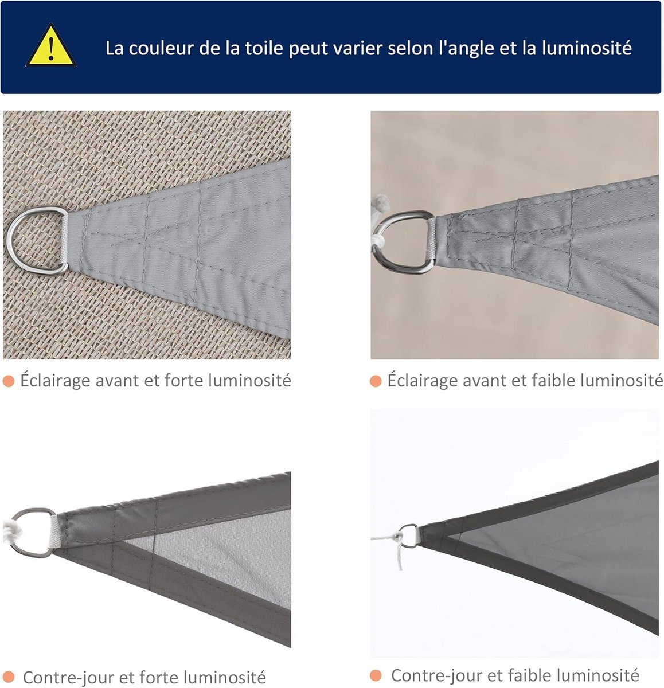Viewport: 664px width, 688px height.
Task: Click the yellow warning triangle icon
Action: [x=51, y=46]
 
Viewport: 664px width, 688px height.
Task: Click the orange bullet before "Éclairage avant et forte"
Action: [x=9, y=381]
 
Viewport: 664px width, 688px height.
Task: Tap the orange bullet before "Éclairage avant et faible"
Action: [x=376, y=381]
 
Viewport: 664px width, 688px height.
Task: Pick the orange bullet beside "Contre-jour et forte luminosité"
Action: [x=9, y=678]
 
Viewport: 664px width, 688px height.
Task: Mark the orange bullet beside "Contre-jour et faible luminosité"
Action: [x=376, y=675]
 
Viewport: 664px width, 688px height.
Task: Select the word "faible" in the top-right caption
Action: [x=552, y=381]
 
